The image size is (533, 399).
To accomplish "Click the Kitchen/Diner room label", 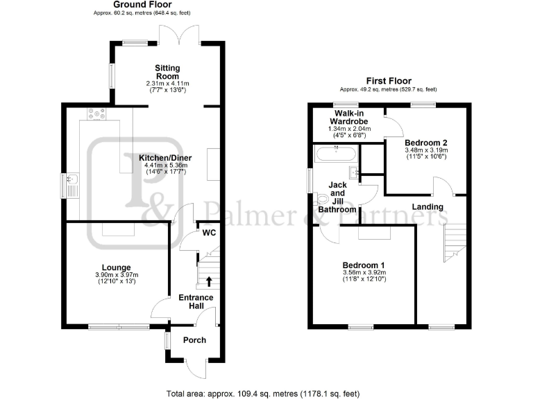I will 165,158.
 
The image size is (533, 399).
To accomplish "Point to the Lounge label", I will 117,267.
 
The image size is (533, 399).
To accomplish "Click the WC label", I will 209,233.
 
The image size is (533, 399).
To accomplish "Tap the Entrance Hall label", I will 197,301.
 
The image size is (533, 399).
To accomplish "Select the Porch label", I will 194,340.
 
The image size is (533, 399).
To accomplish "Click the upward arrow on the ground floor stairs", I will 209,281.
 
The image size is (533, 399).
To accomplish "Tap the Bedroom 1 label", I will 364,265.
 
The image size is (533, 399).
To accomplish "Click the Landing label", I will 428,206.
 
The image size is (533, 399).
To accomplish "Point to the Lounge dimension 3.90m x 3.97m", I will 117,275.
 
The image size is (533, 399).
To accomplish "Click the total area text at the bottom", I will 263,393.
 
